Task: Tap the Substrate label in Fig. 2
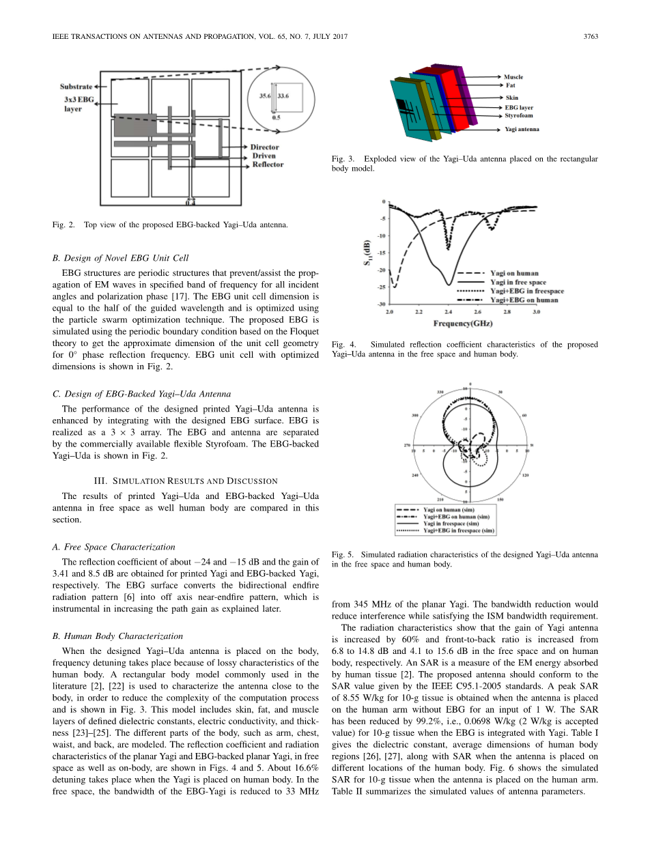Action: tap(76, 87)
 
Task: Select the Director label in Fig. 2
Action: tap(264, 147)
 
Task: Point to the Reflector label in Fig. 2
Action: tap(267, 165)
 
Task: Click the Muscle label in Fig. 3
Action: tap(513, 77)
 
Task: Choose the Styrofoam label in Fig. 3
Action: tap(519, 115)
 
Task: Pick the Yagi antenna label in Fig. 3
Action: tap(522, 129)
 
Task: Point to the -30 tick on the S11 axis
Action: tap(382, 304)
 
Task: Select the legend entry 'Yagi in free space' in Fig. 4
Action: tap(518, 282)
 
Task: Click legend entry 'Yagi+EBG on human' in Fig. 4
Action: tap(524, 300)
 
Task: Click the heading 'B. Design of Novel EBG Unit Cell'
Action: tap(120, 257)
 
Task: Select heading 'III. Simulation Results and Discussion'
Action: tap(185, 481)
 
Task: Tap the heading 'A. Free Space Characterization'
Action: tap(113, 546)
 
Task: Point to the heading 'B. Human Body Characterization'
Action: tap(117, 636)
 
